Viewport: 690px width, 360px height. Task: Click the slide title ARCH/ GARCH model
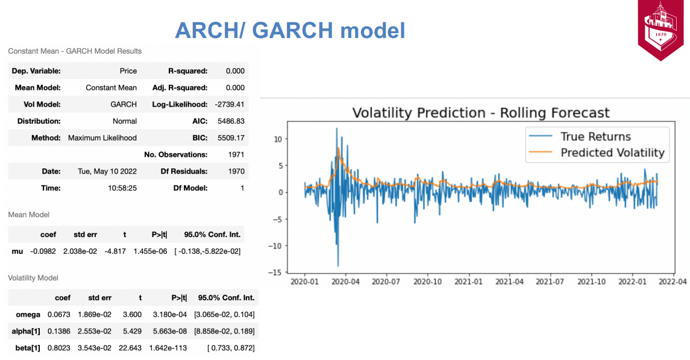click(x=290, y=30)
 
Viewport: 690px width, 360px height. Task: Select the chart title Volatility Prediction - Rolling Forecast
click(x=481, y=113)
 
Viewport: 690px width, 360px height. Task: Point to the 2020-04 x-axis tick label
click(x=345, y=281)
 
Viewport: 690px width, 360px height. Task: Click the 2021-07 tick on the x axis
click(x=550, y=281)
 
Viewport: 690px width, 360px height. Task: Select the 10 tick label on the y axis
click(x=278, y=139)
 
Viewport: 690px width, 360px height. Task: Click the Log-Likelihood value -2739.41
click(x=229, y=104)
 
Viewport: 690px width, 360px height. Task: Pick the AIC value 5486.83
click(x=231, y=121)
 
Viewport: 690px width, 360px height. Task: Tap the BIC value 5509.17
click(x=231, y=137)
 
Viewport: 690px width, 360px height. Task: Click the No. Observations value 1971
click(x=236, y=154)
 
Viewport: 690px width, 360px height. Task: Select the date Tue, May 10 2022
click(x=107, y=171)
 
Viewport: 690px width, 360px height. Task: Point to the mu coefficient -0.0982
click(x=43, y=251)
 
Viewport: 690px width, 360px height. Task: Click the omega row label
click(x=28, y=315)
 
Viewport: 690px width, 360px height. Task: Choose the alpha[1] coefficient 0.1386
click(x=59, y=332)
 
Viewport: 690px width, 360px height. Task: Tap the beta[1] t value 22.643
click(x=130, y=348)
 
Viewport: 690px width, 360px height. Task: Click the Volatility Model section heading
click(x=33, y=278)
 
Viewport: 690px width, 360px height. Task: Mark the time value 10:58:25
click(x=122, y=188)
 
